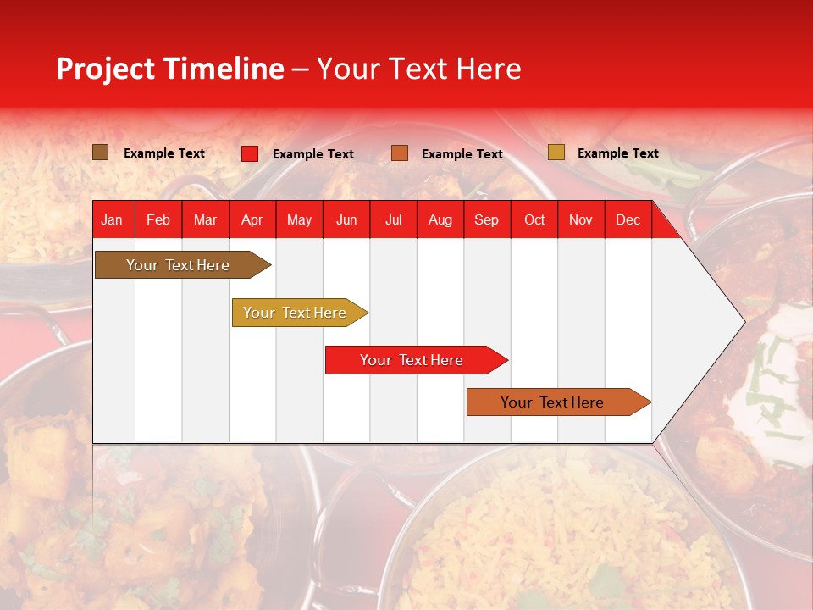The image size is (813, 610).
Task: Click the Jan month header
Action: click(112, 219)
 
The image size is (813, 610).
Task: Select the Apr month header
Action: click(252, 219)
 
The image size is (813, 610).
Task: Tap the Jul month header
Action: click(393, 219)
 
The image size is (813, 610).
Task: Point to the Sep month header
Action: click(486, 219)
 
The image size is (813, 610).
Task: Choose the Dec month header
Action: click(628, 219)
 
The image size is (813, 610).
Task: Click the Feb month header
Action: click(158, 219)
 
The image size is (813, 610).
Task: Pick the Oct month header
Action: click(534, 219)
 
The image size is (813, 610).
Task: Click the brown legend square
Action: click(101, 152)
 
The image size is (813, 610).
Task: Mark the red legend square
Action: click(250, 153)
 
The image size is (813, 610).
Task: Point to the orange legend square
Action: click(400, 153)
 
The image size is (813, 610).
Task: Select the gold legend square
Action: click(556, 152)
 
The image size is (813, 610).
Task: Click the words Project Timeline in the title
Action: click(170, 69)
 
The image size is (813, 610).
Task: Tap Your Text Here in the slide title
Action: click(419, 69)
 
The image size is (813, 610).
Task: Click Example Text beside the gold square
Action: click(618, 153)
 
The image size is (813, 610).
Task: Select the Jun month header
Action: click(346, 219)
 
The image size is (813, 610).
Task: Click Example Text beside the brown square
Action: click(164, 153)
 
